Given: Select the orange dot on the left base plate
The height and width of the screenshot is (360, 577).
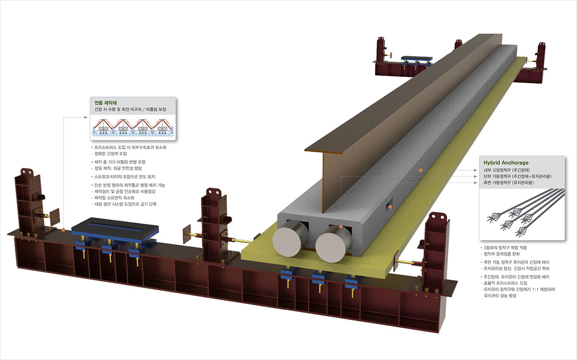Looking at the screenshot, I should click(63, 230).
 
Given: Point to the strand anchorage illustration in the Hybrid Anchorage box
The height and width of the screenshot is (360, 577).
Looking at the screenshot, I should click(522, 211).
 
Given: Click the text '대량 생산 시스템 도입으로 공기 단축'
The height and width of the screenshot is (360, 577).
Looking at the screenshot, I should click(125, 204).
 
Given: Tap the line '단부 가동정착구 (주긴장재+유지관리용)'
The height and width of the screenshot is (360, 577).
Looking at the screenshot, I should click(517, 176).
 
